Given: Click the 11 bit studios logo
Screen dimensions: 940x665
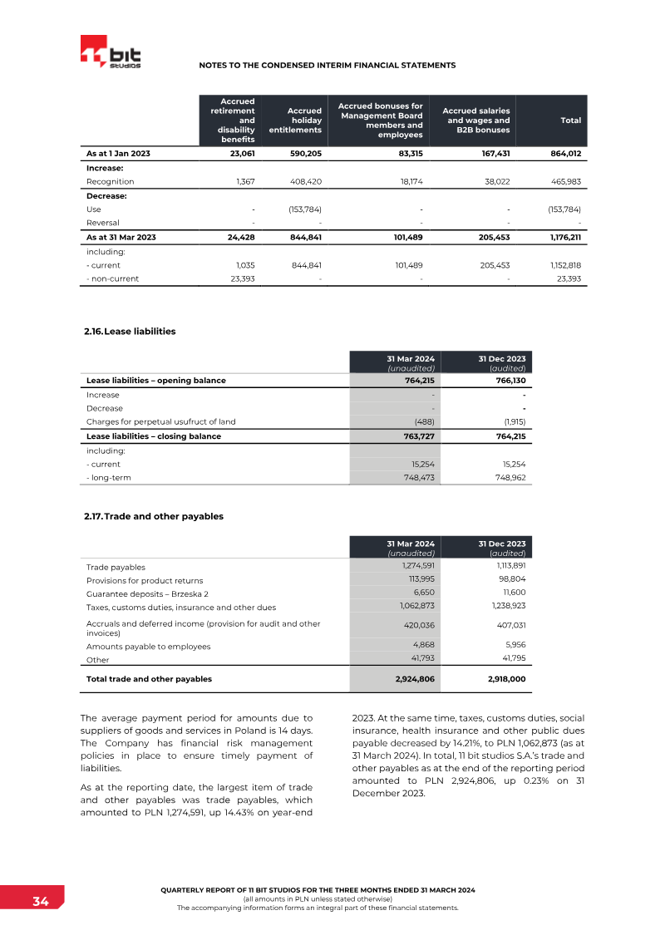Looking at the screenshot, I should pyautogui.click(x=111, y=53).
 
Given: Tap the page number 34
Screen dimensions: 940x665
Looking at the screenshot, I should pyautogui.click(x=40, y=902).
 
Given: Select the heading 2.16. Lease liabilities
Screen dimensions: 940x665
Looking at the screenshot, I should pyautogui.click(x=130, y=331).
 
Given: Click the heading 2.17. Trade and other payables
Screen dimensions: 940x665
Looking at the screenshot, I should pyautogui.click(x=154, y=516).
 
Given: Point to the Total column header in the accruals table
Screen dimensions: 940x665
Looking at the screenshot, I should pyautogui.click(x=570, y=121).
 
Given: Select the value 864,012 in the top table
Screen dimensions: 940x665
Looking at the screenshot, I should pyautogui.click(x=565, y=154).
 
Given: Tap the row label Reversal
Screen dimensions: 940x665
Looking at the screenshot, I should pyautogui.click(x=103, y=223).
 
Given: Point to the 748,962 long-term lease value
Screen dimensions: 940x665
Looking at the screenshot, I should pyautogui.click(x=508, y=478).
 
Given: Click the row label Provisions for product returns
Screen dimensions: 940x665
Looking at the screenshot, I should pyautogui.click(x=145, y=580).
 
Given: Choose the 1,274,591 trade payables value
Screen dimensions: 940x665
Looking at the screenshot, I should pyautogui.click(x=414, y=567).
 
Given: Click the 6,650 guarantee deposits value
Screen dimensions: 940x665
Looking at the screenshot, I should pyautogui.click(x=422, y=593).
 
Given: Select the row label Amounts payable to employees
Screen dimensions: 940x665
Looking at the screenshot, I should pyautogui.click(x=148, y=646).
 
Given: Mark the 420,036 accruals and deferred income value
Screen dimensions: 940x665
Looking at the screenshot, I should pyautogui.click(x=417, y=625).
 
